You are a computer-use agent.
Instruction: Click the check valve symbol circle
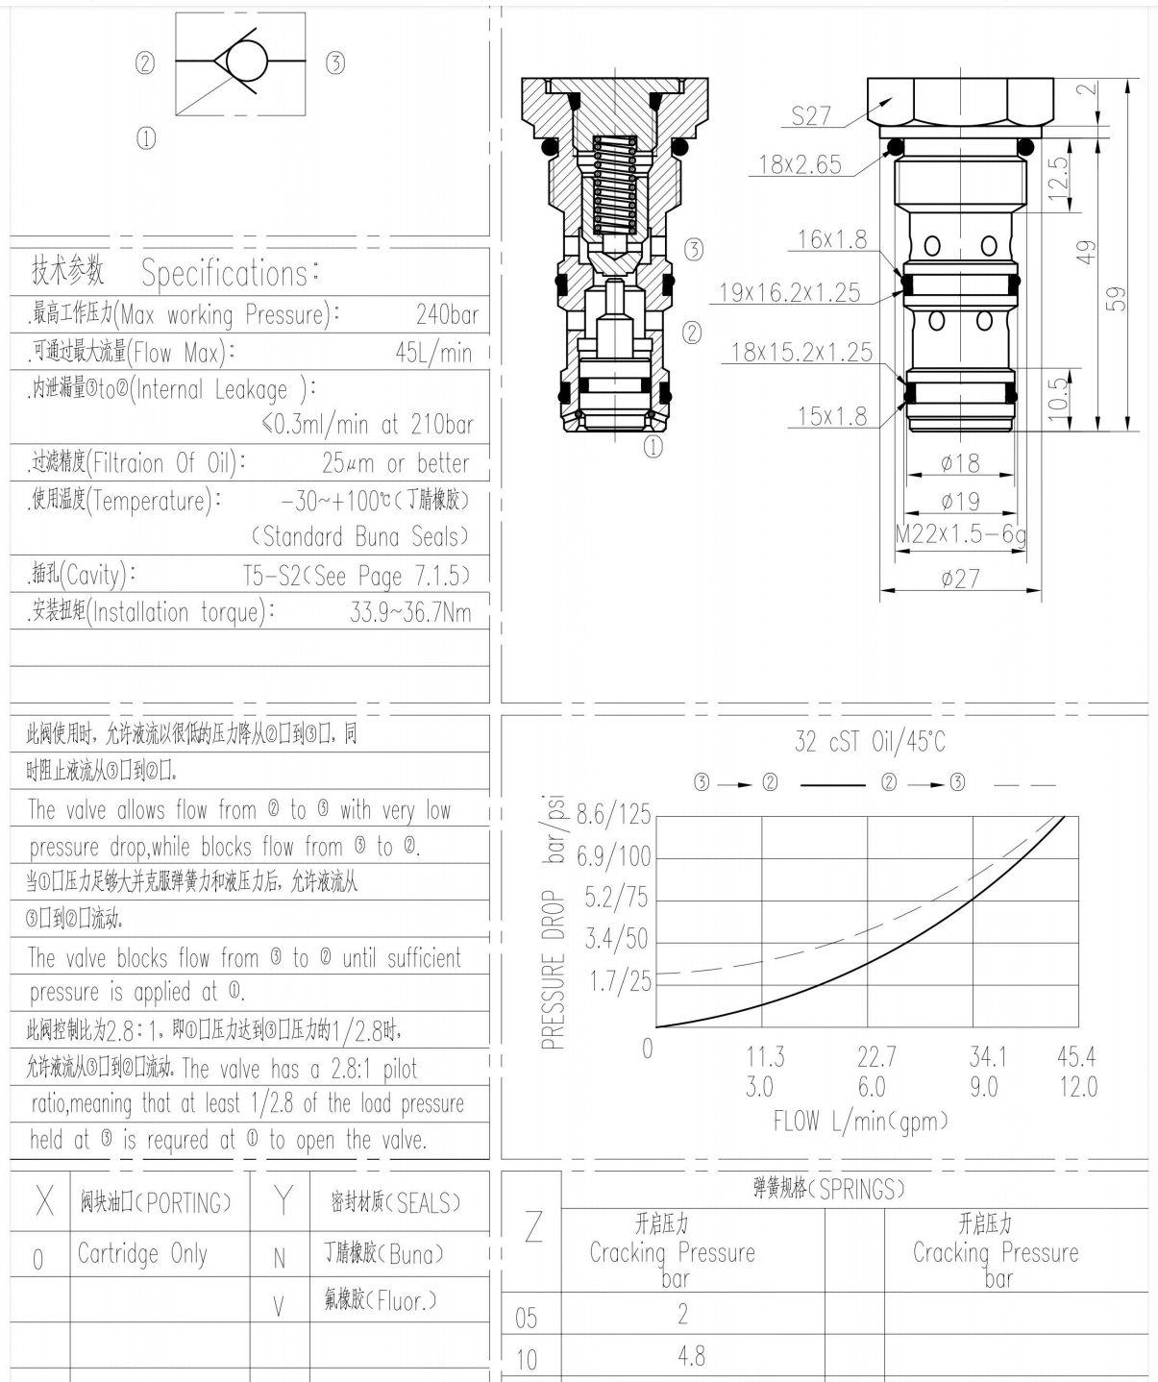247,62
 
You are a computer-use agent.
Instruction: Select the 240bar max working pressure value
447,315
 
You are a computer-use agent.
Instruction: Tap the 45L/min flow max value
433,353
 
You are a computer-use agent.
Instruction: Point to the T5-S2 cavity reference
357,576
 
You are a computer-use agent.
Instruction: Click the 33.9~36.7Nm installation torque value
410,613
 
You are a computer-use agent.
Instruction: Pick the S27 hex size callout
810,116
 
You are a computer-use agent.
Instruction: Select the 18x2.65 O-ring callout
800,164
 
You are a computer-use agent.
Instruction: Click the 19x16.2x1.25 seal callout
790,293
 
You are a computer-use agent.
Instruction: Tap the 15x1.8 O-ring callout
831,416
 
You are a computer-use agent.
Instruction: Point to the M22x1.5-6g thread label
960,535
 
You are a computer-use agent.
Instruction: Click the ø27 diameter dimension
960,578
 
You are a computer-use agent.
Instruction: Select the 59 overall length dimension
1116,298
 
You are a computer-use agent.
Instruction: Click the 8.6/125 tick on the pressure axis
613,815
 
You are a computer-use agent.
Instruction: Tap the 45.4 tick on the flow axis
1075,1057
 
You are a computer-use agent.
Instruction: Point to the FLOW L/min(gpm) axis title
860,1121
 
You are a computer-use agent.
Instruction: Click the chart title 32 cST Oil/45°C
870,742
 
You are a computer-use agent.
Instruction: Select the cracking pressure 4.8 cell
691,1356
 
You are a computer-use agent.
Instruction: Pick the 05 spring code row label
527,1318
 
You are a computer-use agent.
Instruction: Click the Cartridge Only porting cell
142,1254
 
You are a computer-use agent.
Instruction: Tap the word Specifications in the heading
226,274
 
